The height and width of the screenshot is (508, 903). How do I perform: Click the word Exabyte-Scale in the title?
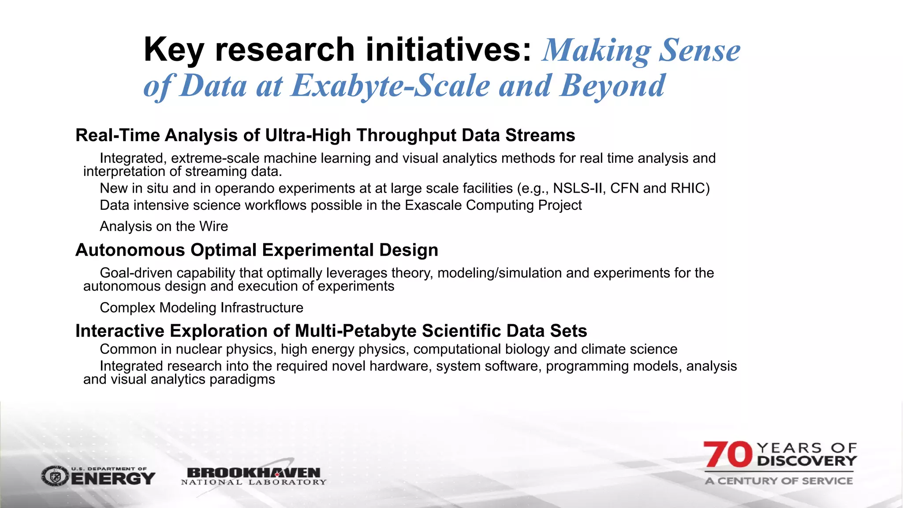(x=390, y=86)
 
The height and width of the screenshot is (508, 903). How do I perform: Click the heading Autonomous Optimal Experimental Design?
(x=257, y=250)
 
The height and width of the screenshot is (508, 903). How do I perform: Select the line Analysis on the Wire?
(x=164, y=226)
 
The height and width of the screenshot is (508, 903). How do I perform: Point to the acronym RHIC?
(x=688, y=188)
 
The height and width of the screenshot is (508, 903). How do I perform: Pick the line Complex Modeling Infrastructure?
(x=201, y=307)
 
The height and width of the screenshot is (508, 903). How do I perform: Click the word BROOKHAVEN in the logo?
(x=254, y=473)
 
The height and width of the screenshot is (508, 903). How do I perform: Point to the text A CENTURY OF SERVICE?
(x=779, y=481)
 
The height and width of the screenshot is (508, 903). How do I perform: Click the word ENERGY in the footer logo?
(x=113, y=478)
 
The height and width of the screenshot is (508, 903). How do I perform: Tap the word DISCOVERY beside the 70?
(x=807, y=461)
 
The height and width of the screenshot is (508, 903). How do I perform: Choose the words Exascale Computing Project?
(x=493, y=205)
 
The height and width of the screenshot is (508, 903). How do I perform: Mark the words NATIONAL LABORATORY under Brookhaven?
(x=254, y=482)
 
